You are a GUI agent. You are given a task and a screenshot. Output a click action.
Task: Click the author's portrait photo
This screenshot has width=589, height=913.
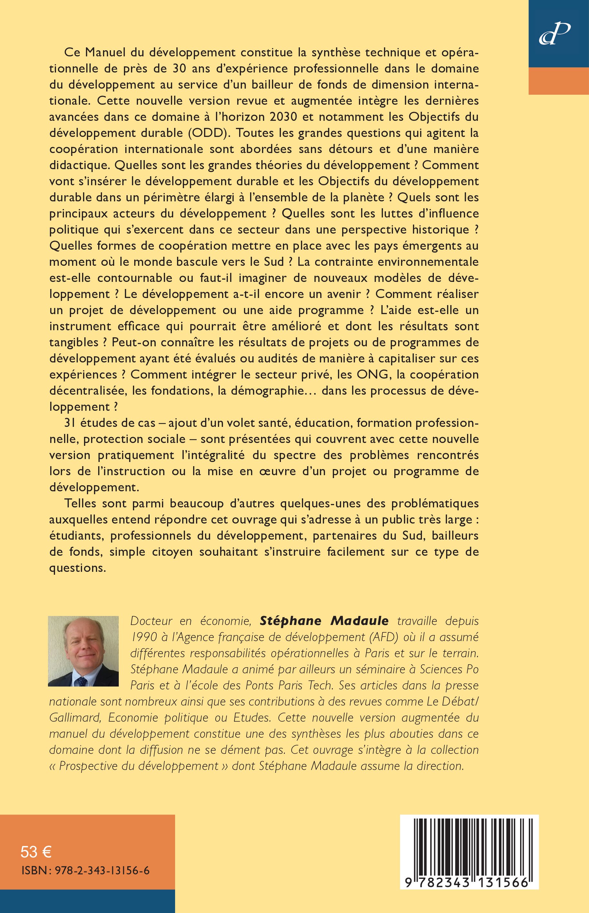click(x=83, y=651)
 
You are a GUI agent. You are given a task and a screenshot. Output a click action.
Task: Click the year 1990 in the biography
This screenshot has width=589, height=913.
click(x=144, y=637)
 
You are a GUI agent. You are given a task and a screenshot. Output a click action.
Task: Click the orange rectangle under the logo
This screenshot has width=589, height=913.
click(x=558, y=81)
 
